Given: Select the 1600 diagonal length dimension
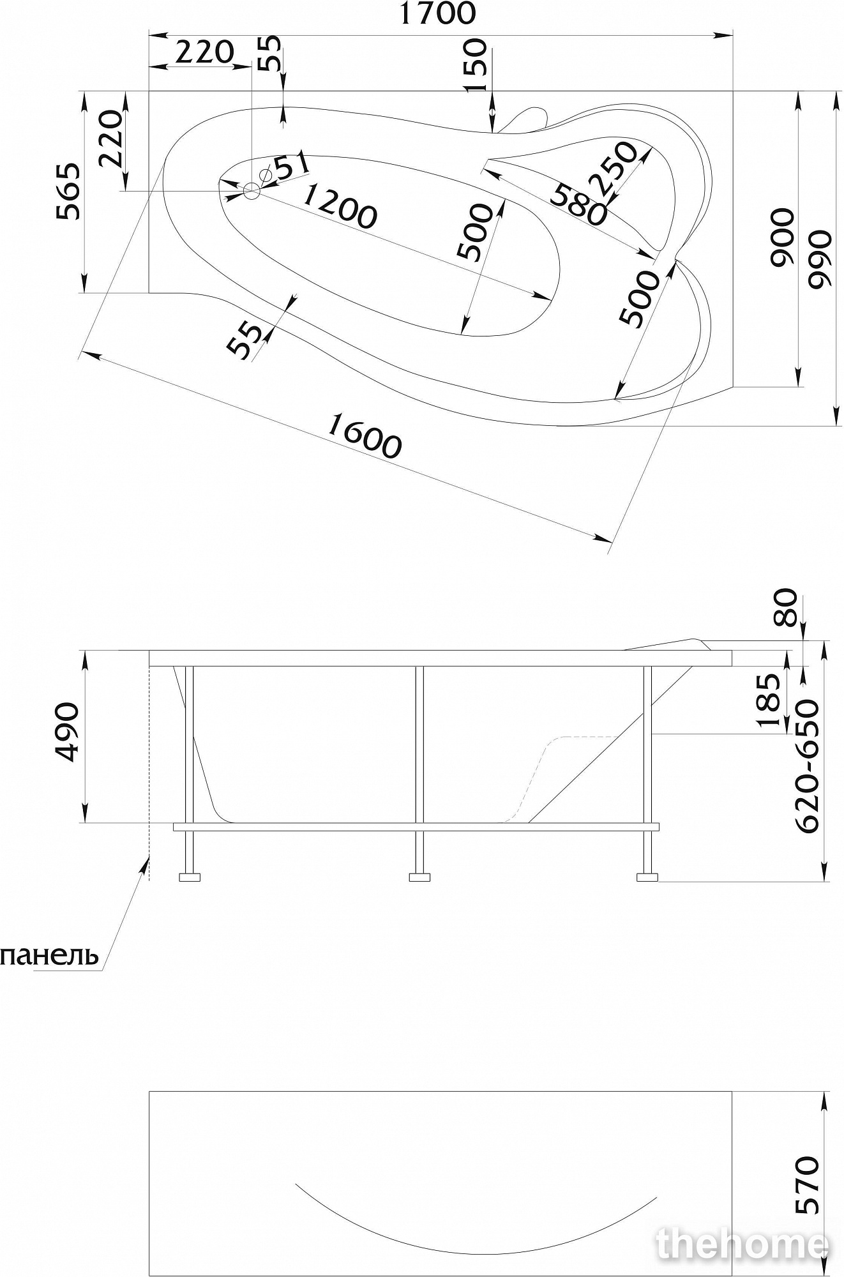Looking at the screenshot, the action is click(365, 436).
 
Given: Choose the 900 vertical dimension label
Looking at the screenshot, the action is click(783, 238).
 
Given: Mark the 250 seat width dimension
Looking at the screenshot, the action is click(616, 169).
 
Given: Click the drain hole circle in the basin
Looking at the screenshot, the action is click(252, 190).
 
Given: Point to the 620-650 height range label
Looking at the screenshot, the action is click(807, 766).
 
